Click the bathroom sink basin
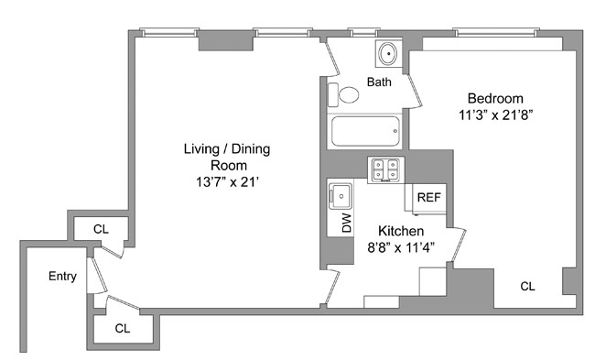(x=388, y=53)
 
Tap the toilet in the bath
(x=344, y=94)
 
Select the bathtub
(x=366, y=131)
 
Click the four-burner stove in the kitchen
(x=386, y=169)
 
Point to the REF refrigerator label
(x=429, y=198)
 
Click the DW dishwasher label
(x=347, y=223)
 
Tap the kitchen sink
(x=341, y=196)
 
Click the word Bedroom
(x=495, y=98)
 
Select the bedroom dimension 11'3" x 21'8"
(x=496, y=115)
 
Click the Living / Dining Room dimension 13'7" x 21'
(x=227, y=182)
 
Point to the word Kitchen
(x=401, y=231)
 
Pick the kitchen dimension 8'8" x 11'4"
(x=401, y=247)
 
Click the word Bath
(x=379, y=82)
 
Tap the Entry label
(x=62, y=276)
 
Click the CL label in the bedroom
(x=528, y=287)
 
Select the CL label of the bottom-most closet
(x=123, y=328)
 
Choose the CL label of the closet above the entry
(x=101, y=229)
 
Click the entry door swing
(x=98, y=275)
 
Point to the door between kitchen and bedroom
(x=460, y=245)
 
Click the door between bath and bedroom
(x=415, y=91)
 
